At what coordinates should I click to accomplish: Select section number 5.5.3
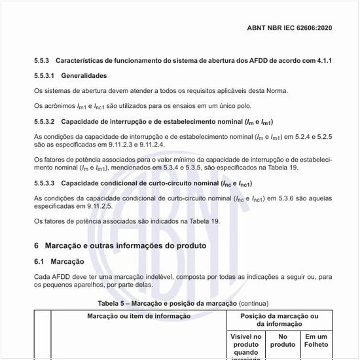(x=44, y=60)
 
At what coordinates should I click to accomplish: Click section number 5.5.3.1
(x=46, y=75)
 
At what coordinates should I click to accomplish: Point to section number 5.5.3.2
(x=46, y=122)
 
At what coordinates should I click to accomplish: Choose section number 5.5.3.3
(x=46, y=183)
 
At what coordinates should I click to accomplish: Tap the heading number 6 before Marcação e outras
(x=37, y=245)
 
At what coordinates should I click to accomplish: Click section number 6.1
(x=40, y=261)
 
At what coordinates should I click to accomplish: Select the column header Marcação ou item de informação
(x=138, y=317)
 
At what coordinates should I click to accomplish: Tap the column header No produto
(x=283, y=340)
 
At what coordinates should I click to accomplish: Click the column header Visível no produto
(x=246, y=340)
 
